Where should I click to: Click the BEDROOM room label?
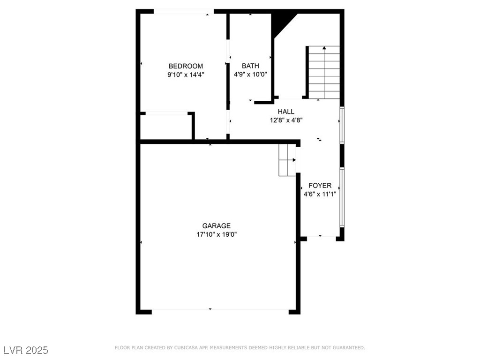(x=186, y=66)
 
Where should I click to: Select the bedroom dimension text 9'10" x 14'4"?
(x=186, y=75)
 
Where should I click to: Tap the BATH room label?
(x=250, y=66)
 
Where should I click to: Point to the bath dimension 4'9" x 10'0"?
(x=250, y=75)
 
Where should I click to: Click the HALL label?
(x=286, y=112)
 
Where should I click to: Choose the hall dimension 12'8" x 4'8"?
(x=286, y=120)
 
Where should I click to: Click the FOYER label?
(x=320, y=186)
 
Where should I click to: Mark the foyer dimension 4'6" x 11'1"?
(x=320, y=194)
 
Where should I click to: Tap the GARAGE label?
(x=216, y=226)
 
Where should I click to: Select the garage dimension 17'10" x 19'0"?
(x=216, y=234)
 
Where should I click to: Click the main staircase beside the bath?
(x=324, y=72)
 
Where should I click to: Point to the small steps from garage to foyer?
(x=287, y=160)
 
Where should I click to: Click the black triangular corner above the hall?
(x=281, y=22)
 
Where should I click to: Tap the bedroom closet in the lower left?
(x=166, y=127)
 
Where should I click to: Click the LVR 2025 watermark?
(x=25, y=350)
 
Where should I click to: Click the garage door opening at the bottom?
(x=220, y=311)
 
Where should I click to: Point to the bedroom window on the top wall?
(x=184, y=11)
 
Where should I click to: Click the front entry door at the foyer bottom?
(x=321, y=238)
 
